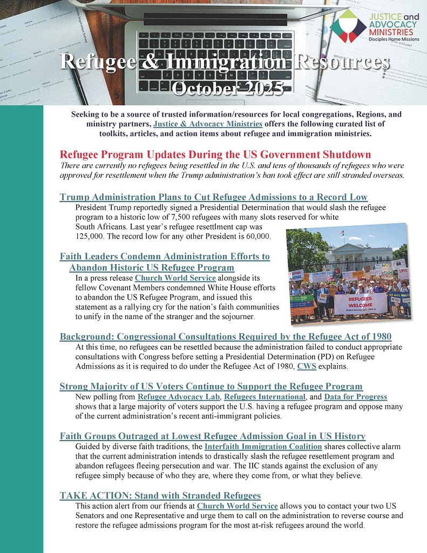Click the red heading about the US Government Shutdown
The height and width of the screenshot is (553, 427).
tap(215, 154)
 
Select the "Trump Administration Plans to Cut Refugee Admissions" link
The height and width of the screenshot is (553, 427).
tap(213, 197)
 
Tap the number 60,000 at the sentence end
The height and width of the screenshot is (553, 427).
tap(256, 237)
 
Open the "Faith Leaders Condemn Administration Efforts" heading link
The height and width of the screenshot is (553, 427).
tap(165, 257)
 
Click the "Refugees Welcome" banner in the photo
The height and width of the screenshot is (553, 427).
tap(360, 302)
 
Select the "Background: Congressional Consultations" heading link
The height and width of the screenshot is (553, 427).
tap(225, 336)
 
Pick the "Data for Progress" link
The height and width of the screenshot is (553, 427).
tap(355, 397)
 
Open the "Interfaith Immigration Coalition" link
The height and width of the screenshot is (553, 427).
tap(263, 447)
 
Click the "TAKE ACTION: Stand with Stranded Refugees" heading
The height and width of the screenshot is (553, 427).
tap(160, 495)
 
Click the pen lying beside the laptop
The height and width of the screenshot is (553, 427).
tap(79, 81)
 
